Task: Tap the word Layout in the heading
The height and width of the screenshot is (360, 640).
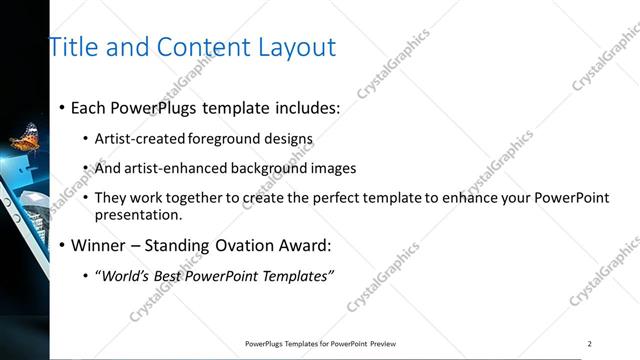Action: click(x=297, y=47)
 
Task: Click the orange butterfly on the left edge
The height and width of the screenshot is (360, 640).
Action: click(x=25, y=136)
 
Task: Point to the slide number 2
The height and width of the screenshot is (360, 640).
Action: click(x=589, y=343)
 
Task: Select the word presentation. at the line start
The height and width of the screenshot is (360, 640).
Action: click(x=140, y=214)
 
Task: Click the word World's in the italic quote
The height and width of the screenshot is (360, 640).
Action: click(x=128, y=276)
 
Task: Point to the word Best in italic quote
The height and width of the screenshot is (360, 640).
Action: click(x=176, y=276)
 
